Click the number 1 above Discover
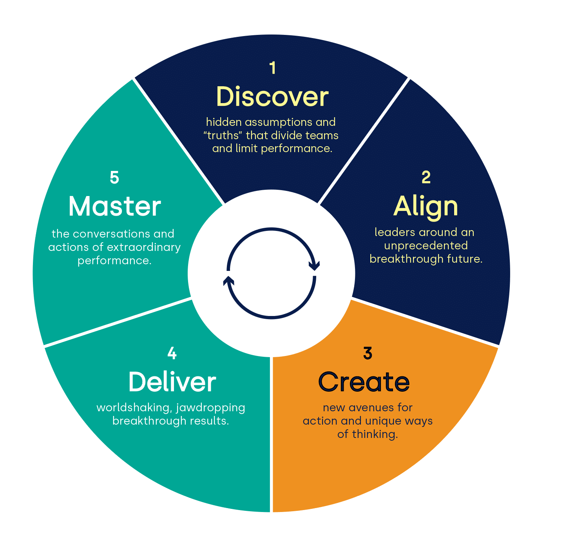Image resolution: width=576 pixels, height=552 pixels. pos(273,68)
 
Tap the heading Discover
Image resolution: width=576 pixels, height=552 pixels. pos(272,96)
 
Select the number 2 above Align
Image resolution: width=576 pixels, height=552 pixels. pos(426,177)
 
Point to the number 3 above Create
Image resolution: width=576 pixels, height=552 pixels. pos(368,353)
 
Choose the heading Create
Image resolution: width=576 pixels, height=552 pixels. pos(364,382)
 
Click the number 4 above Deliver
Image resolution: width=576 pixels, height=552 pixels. pos(172,353)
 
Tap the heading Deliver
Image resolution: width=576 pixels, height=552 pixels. pos(172,382)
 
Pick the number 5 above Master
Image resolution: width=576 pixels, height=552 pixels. pos(114,177)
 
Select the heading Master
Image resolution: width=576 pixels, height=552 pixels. pos(115,206)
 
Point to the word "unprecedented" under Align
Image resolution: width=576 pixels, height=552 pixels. pos(426,245)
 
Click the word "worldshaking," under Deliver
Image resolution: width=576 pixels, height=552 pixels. pos(134,408)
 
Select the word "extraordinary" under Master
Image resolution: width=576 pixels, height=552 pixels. pos(143,247)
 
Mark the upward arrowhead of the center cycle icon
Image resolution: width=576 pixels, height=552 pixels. pos(228,280)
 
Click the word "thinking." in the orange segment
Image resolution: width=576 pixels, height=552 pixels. pos(375,434)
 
